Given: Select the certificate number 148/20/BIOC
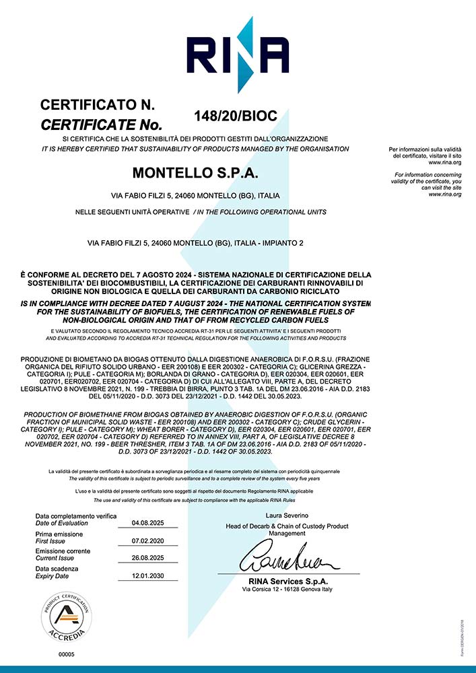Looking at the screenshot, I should click(235, 116).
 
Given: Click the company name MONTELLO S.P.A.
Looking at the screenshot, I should click(195, 173).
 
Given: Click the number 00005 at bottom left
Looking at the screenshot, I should click(66, 654).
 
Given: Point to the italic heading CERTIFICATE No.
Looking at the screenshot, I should click(102, 125).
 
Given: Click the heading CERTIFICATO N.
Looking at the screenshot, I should click(98, 105).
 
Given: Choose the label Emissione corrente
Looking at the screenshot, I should click(63, 551).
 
